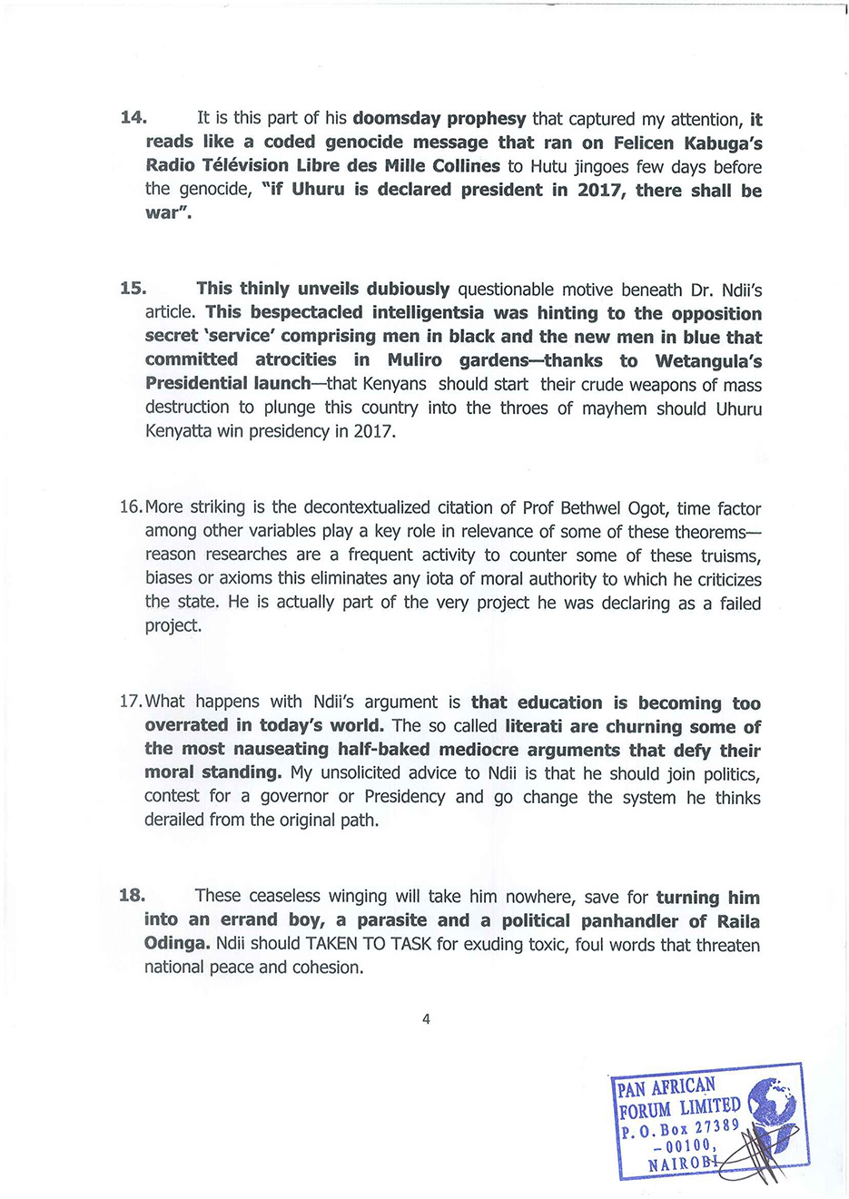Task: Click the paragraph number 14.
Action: click(133, 118)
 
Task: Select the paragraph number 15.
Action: click(133, 289)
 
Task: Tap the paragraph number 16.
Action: click(131, 506)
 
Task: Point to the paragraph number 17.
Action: click(131, 702)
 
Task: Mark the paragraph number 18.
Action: click(132, 896)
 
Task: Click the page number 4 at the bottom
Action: click(426, 1018)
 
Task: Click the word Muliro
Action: click(415, 360)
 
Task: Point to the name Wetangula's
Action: click(708, 360)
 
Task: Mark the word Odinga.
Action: click(176, 944)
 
